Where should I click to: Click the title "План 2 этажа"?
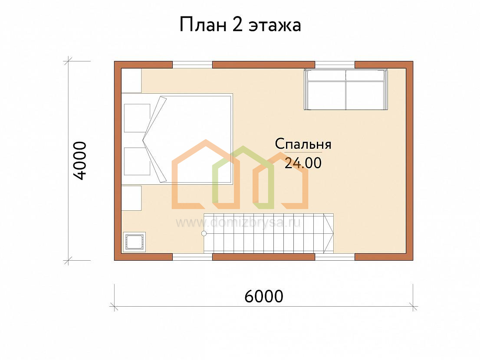[x=240, y=25]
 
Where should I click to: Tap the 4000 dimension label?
[x=80, y=160]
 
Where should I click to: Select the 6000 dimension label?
[x=264, y=296]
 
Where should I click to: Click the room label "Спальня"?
[x=303, y=144]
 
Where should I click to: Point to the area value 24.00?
[x=303, y=163]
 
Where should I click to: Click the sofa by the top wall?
[x=346, y=89]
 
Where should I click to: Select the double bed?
[x=177, y=138]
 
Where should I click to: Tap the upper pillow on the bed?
[x=137, y=118]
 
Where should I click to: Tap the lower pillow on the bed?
[x=137, y=161]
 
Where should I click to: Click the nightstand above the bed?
[x=132, y=80]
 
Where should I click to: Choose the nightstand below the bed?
[x=132, y=198]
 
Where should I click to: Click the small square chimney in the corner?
[x=135, y=242]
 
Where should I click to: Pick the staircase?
[x=269, y=233]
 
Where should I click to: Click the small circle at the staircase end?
[x=204, y=234]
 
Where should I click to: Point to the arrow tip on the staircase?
[x=333, y=233]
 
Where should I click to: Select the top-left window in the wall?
[x=193, y=65]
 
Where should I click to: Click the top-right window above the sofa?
[x=335, y=65]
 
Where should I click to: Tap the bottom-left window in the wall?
[x=193, y=257]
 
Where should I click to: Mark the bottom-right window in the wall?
[x=335, y=257]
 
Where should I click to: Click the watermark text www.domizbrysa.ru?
[x=238, y=223]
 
